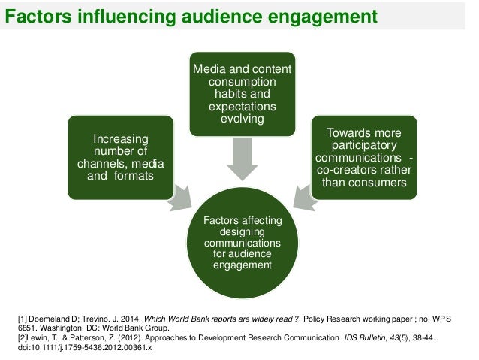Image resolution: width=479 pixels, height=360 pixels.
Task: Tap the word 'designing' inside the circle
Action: [x=243, y=232]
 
